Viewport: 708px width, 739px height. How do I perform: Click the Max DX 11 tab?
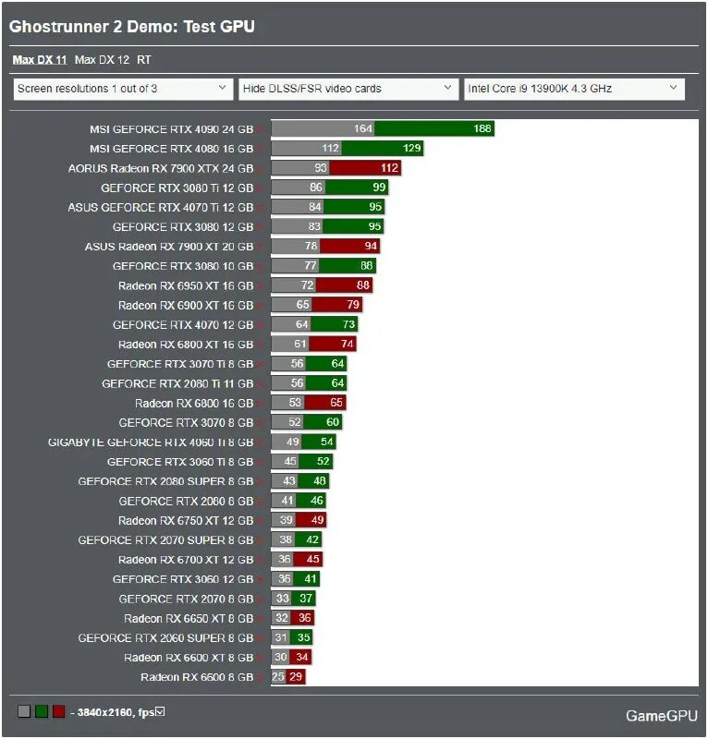[x=39, y=60]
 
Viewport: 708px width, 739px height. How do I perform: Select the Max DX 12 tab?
[x=102, y=60]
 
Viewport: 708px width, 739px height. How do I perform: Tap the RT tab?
[x=143, y=60]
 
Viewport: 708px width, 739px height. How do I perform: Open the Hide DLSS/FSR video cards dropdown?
[x=348, y=89]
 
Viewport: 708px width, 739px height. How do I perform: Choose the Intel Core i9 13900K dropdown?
[x=573, y=89]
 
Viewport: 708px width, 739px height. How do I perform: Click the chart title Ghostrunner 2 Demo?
[x=131, y=27]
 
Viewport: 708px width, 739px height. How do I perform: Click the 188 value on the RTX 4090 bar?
[x=482, y=128]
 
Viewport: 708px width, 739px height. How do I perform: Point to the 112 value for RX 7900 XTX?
[x=389, y=168]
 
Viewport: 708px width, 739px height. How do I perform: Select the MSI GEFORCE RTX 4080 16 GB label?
[x=171, y=149]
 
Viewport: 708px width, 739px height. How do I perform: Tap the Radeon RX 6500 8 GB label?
[x=197, y=677]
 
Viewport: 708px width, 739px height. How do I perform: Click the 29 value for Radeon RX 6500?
[x=296, y=677]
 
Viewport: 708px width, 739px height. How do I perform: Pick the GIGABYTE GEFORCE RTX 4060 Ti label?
[x=151, y=442]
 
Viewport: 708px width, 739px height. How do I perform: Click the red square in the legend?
[x=58, y=711]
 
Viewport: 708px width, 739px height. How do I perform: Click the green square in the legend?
[x=42, y=711]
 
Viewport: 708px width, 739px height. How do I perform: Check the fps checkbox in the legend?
[x=160, y=710]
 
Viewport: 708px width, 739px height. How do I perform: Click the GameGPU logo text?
[x=661, y=716]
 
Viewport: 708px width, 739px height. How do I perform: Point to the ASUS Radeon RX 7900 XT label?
[x=168, y=247]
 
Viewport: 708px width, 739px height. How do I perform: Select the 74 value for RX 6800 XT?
[x=346, y=345]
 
